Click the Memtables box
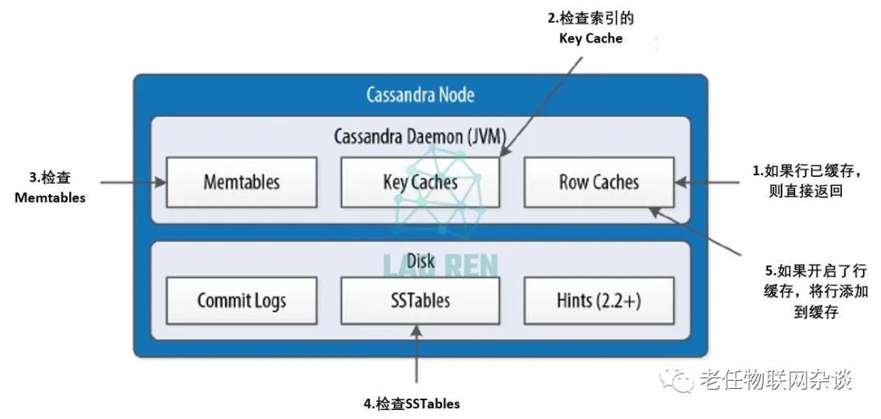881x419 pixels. (241, 182)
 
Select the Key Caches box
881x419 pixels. (419, 182)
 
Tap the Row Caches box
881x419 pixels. (598, 182)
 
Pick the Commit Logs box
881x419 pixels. (241, 300)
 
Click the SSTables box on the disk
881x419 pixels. (419, 300)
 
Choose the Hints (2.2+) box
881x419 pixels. (598, 300)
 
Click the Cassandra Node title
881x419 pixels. (420, 95)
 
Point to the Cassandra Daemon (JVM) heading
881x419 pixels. (420, 135)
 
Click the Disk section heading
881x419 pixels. (420, 262)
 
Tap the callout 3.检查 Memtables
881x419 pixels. (50, 187)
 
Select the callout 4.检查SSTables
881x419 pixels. (411, 404)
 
